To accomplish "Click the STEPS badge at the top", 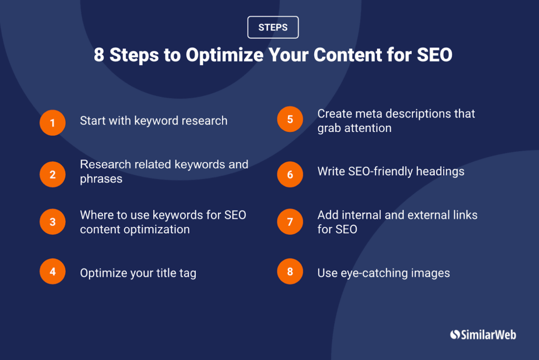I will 273,27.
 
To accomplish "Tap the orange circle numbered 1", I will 53,123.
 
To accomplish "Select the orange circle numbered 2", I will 53,174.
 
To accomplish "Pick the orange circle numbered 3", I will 53,222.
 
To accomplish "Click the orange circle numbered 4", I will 53,272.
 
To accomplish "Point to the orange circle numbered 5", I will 290,119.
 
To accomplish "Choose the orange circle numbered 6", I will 290,174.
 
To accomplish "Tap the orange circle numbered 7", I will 290,222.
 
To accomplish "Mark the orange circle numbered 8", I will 290,272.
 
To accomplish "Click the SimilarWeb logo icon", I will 455,335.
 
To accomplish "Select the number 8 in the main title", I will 98,55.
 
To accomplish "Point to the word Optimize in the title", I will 221,55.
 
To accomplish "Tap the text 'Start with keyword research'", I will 154,121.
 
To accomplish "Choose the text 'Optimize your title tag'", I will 138,273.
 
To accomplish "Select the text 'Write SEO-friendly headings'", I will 391,172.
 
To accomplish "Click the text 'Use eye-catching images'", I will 383,273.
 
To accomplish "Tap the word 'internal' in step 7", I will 363,215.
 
